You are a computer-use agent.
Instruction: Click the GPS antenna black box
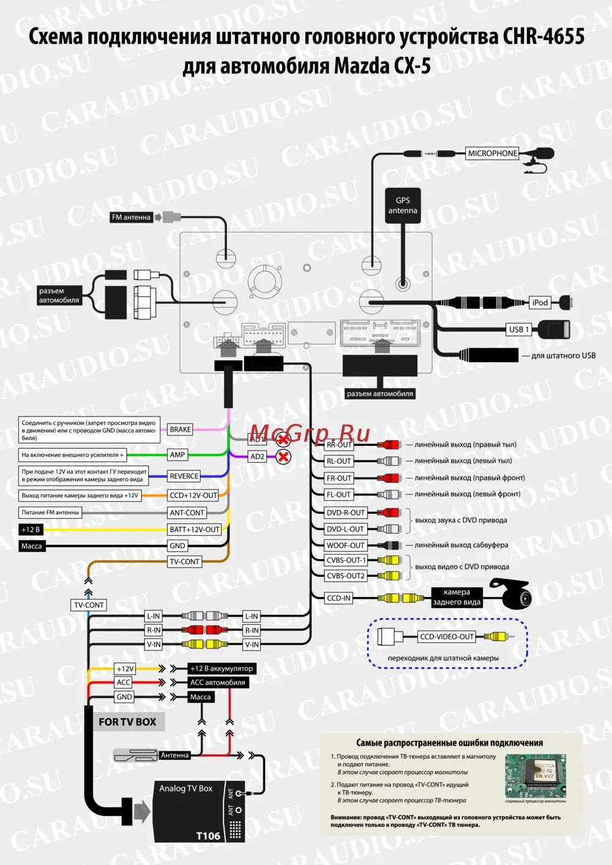(403, 206)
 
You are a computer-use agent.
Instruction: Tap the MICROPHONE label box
(493, 154)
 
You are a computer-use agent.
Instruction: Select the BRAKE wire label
(180, 429)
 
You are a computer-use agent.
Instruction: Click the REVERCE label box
(184, 476)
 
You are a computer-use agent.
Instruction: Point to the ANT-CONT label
(187, 513)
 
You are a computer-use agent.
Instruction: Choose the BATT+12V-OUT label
(195, 529)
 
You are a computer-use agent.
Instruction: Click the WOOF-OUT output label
(345, 545)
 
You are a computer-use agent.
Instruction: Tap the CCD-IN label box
(338, 598)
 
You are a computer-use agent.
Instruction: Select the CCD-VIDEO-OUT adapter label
(447, 637)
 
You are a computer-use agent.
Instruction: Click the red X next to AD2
(283, 456)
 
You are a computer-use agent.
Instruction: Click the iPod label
(540, 302)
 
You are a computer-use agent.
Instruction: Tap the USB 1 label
(519, 329)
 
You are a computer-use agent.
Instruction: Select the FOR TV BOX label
(127, 722)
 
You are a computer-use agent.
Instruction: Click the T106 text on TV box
(208, 836)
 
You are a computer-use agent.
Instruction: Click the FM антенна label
(131, 217)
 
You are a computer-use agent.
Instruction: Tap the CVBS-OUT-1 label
(346, 560)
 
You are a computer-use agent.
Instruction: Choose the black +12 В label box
(31, 530)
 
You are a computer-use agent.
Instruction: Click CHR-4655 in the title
(543, 37)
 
